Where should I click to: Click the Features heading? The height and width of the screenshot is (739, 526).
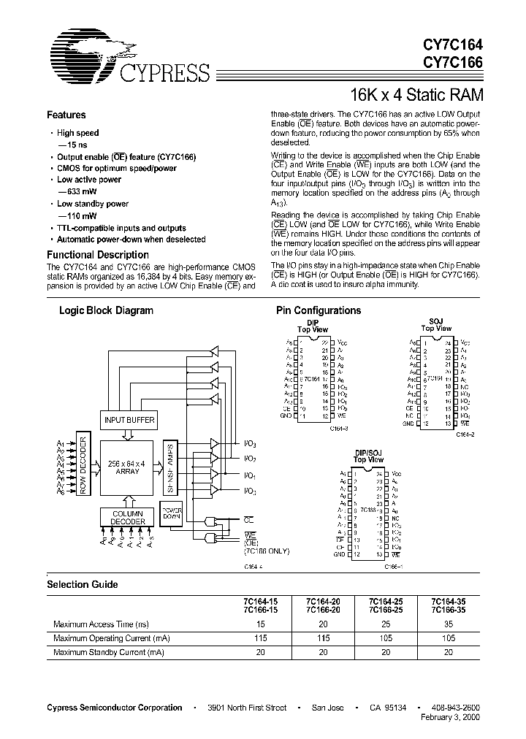[66, 115]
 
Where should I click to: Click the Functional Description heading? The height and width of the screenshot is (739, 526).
[97, 255]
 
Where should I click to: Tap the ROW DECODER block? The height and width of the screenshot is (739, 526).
[83, 465]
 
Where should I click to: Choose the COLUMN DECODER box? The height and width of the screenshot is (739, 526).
[128, 518]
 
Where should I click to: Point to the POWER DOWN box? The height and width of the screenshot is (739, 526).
[171, 512]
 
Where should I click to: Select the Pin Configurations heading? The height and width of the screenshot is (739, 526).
[318, 310]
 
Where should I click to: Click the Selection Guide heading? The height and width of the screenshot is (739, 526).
[82, 585]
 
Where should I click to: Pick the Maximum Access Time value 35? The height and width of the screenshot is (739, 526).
[448, 624]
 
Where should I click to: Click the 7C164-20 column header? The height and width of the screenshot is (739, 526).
[322, 602]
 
